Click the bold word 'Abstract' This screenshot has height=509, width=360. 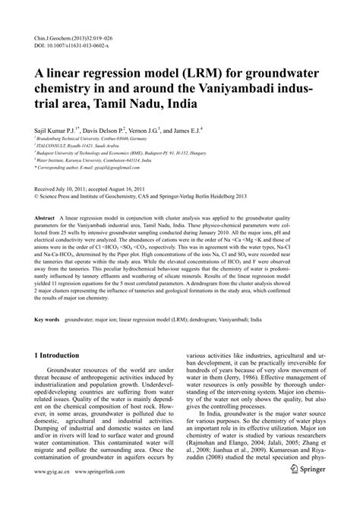point(45,217)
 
